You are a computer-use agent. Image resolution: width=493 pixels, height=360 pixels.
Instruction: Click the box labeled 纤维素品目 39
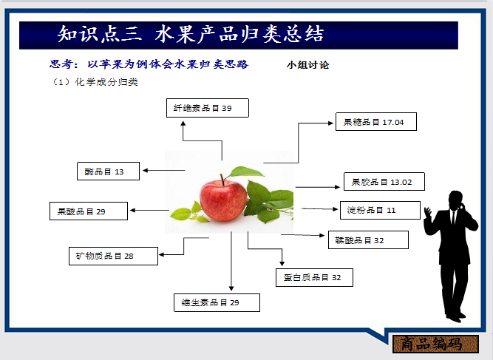point(207,108)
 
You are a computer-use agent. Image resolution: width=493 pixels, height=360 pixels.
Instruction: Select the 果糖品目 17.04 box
point(375,122)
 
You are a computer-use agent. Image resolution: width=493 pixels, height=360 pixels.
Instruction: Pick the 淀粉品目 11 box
point(380,210)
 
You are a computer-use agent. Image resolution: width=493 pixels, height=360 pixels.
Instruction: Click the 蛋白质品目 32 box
point(313,277)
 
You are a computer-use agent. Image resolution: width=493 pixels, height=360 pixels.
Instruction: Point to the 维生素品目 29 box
point(217,302)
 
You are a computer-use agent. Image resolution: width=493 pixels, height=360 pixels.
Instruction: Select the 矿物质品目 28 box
point(112,256)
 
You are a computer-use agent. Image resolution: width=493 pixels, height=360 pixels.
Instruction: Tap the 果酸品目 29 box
point(88,211)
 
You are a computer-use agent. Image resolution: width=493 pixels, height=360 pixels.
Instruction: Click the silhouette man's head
point(453,199)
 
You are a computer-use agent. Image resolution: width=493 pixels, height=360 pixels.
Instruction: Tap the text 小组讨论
point(308,65)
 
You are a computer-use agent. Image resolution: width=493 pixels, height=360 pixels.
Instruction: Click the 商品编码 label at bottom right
point(431,344)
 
